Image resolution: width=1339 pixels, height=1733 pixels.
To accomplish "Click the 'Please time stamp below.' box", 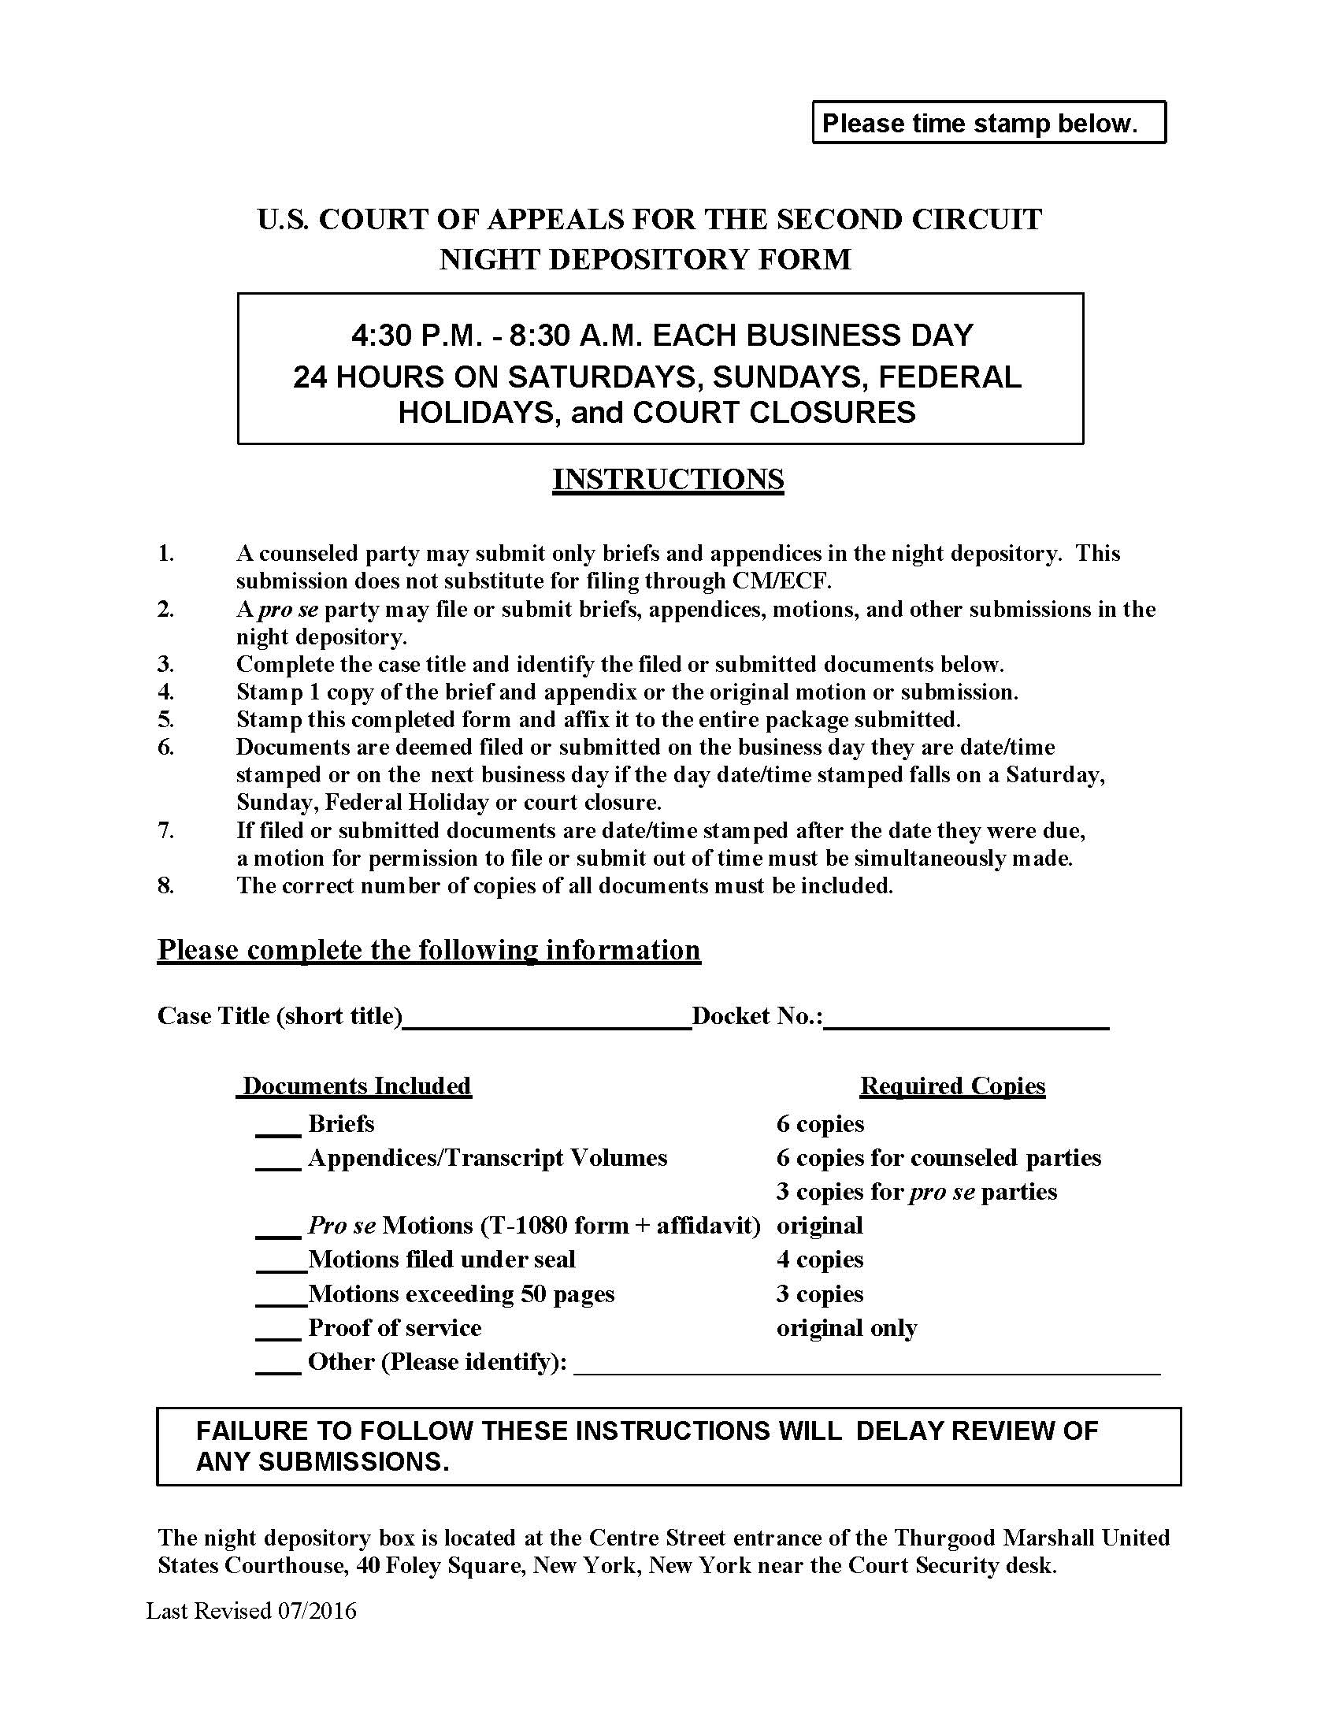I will click(x=988, y=123).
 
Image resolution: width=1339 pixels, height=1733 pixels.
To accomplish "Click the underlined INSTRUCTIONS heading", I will click(x=668, y=479).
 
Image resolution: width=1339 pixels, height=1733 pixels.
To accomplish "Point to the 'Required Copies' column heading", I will click(x=952, y=1085).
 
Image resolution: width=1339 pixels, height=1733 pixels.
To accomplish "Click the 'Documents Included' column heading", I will click(x=356, y=1085).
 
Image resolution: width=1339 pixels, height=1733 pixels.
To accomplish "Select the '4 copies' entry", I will click(x=819, y=1260).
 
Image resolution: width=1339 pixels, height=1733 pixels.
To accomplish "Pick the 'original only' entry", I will click(x=847, y=1328).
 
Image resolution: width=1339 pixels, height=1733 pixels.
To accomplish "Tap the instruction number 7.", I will click(x=165, y=831).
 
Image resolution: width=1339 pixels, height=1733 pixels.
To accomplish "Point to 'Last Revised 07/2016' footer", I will click(x=251, y=1611).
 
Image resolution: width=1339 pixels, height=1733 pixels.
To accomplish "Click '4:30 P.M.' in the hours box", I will click(x=412, y=336).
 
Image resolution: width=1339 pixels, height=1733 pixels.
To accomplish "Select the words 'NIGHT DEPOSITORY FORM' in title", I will click(x=645, y=259).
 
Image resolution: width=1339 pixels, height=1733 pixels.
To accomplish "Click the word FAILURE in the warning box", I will click(x=251, y=1431).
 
